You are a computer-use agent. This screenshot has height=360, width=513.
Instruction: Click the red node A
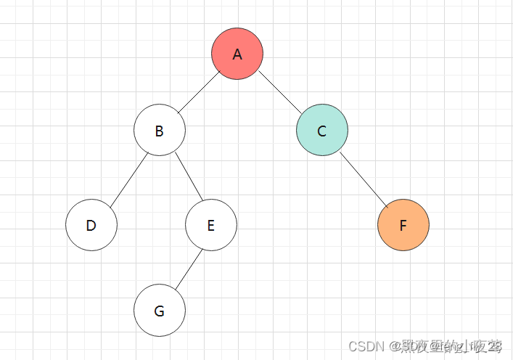pos(237,54)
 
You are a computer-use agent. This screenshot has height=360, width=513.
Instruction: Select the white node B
pos(160,131)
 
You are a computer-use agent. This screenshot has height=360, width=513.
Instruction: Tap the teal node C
pos(322,131)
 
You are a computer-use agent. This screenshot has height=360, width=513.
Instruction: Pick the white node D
pos(91,225)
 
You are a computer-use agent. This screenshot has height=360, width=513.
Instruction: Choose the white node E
pos(211,225)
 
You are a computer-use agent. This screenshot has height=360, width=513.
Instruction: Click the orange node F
pos(403,225)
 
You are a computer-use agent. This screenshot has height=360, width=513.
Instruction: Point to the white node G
pos(160,311)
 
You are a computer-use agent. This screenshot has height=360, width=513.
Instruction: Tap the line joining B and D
pos(126,178)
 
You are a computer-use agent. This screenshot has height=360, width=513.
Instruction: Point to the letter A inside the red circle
pos(237,54)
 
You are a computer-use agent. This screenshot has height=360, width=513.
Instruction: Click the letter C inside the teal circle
pos(322,131)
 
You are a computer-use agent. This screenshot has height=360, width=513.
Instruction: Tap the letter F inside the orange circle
pos(403,226)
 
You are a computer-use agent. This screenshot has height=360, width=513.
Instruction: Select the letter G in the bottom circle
pos(160,312)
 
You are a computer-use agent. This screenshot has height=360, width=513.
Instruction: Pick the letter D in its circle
pos(91,226)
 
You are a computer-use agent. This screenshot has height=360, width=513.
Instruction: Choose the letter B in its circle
pos(160,131)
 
